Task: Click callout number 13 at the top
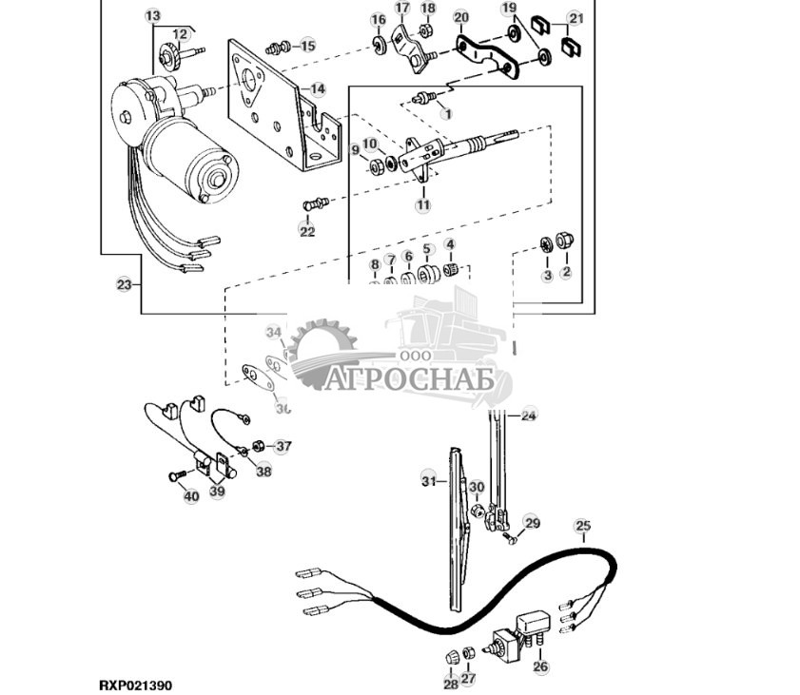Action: point(153,16)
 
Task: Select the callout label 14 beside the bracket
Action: point(317,89)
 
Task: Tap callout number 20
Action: point(461,18)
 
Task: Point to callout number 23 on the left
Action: point(124,284)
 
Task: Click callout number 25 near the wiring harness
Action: point(583,526)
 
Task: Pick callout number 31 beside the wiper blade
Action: point(428,482)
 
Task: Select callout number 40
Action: point(191,495)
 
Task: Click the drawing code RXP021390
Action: point(135,685)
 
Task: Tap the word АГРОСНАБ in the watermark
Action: point(410,379)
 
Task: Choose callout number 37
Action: point(283,446)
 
